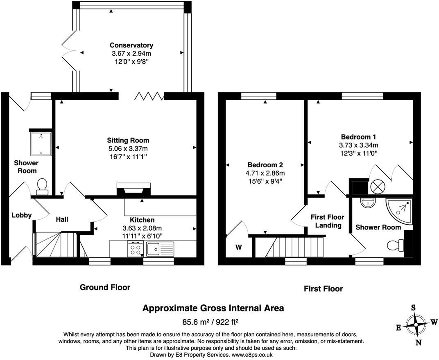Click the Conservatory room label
pos(131,45)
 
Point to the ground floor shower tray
pos(41,143)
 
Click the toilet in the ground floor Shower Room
pos(42,187)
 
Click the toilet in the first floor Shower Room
pos(395,245)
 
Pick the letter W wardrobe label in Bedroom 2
pos(239,247)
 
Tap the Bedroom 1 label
pos(358,137)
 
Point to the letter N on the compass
pos(418,343)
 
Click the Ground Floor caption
pos(105,287)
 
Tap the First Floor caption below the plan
pos(323,289)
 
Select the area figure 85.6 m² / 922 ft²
pos(213,321)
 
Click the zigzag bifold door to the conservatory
pos(149,96)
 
